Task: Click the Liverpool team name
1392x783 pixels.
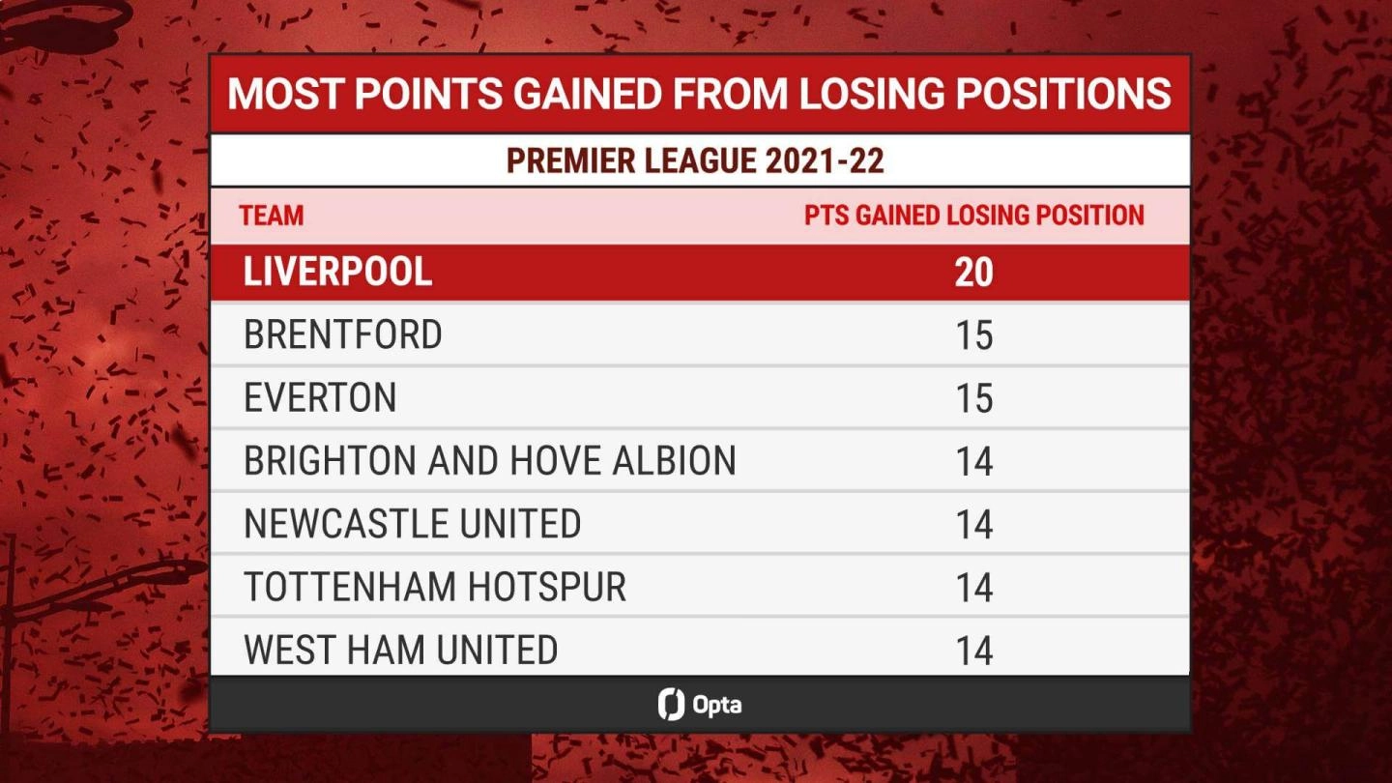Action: coord(337,272)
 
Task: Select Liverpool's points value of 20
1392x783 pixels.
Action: coord(973,273)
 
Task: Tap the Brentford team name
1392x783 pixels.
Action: coord(342,334)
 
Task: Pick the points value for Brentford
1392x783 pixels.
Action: coord(974,335)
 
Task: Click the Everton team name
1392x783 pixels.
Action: coord(320,397)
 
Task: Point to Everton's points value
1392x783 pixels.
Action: coord(974,398)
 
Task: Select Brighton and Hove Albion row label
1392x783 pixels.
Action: coord(490,460)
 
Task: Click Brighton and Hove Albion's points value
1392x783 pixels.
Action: coord(974,462)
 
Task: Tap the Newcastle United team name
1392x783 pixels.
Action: coord(412,523)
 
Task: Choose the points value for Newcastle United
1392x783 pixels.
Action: coord(974,525)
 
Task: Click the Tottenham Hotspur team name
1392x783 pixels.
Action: coord(435,587)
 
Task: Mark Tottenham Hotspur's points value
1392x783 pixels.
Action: coord(974,588)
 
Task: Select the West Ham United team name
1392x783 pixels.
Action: coord(401,650)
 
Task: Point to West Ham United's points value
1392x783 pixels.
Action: coord(974,651)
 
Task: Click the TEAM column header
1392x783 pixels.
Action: coord(272,216)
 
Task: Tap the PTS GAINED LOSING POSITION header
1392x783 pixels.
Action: coord(974,216)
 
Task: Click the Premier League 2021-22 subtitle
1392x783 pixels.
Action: coord(695,160)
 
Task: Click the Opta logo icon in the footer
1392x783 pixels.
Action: coord(671,704)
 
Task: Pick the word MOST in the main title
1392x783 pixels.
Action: coord(285,94)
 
